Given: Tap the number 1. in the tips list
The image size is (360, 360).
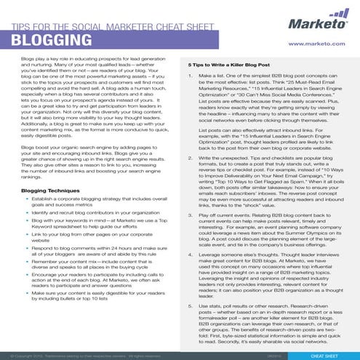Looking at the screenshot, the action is click(x=183, y=75).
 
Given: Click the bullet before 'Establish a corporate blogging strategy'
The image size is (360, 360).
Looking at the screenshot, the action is click(x=26, y=199).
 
